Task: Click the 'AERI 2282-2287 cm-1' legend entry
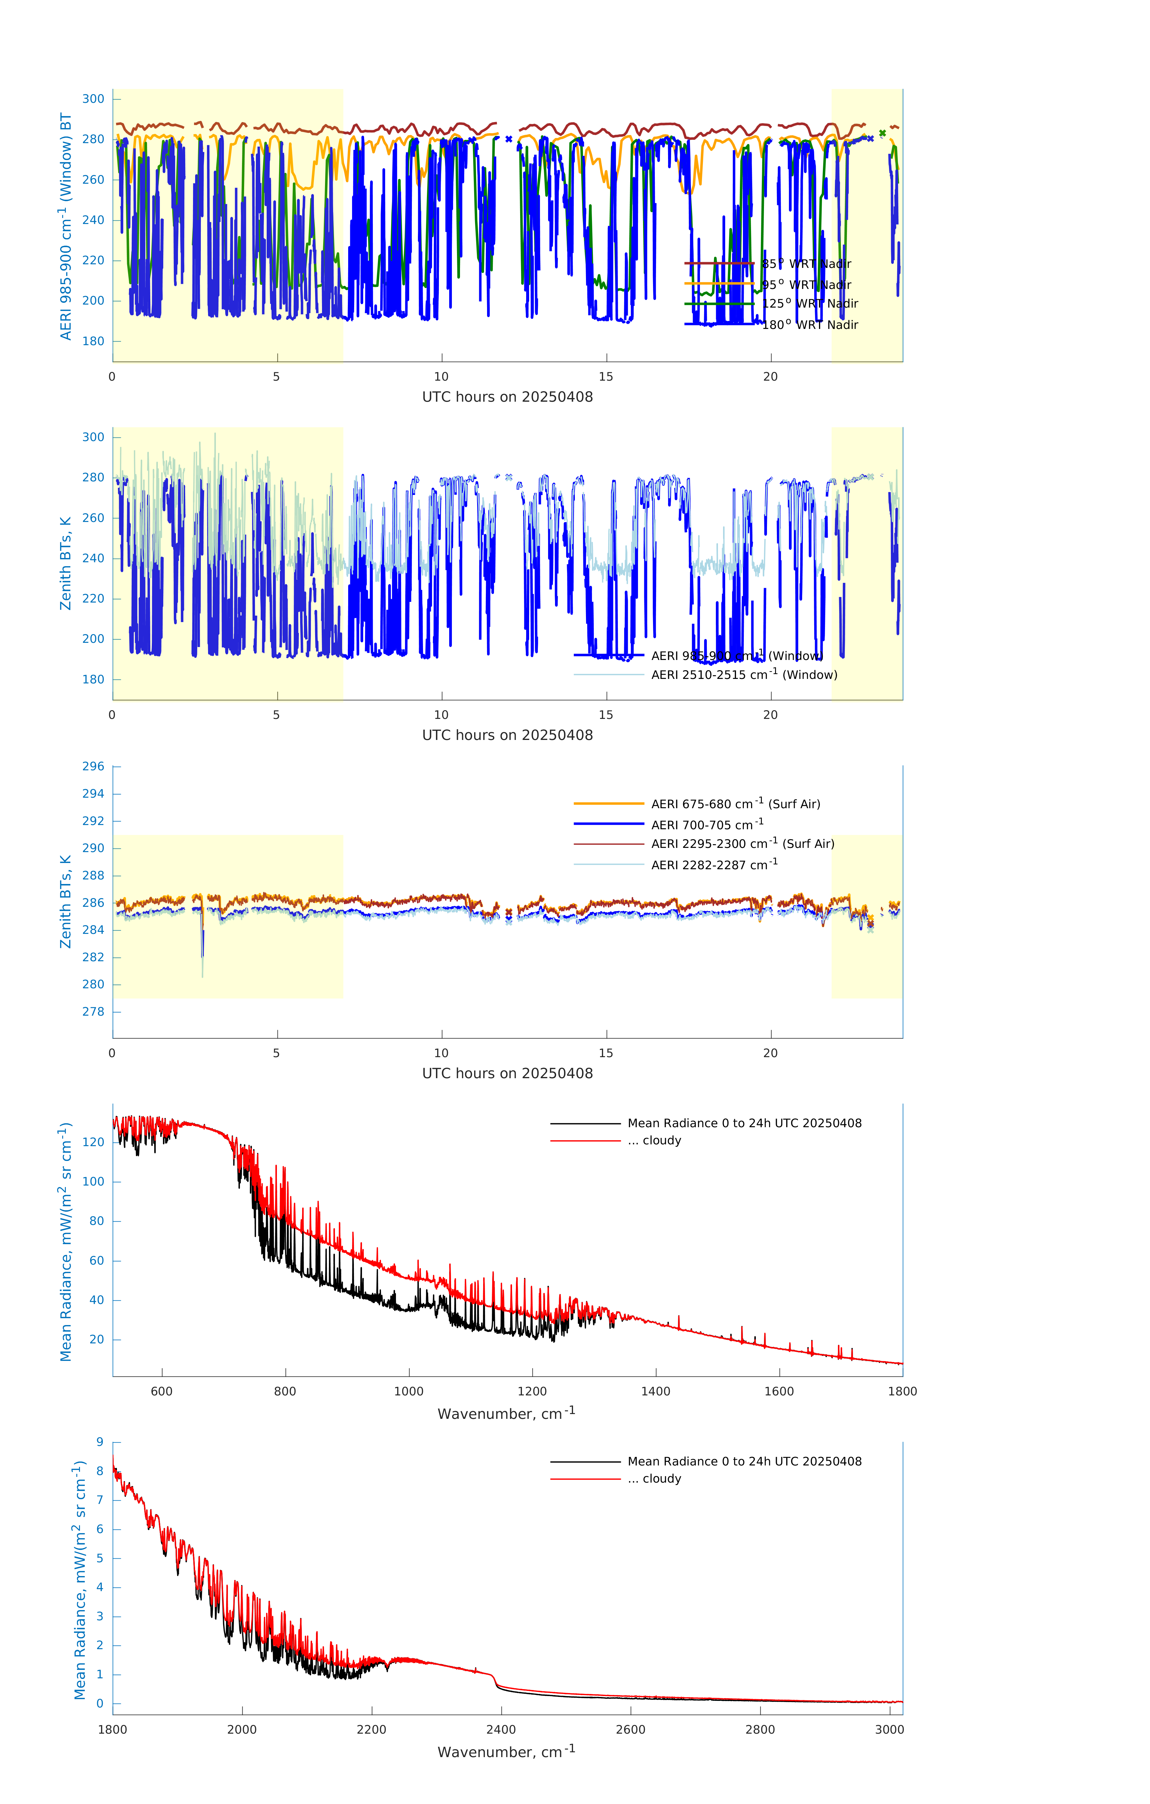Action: point(714,864)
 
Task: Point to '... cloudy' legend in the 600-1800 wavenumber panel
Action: point(654,1140)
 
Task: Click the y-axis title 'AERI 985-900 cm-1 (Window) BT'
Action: point(66,226)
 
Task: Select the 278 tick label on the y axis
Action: point(94,1011)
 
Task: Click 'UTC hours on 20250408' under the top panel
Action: point(507,397)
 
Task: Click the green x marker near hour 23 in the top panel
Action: point(882,133)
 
